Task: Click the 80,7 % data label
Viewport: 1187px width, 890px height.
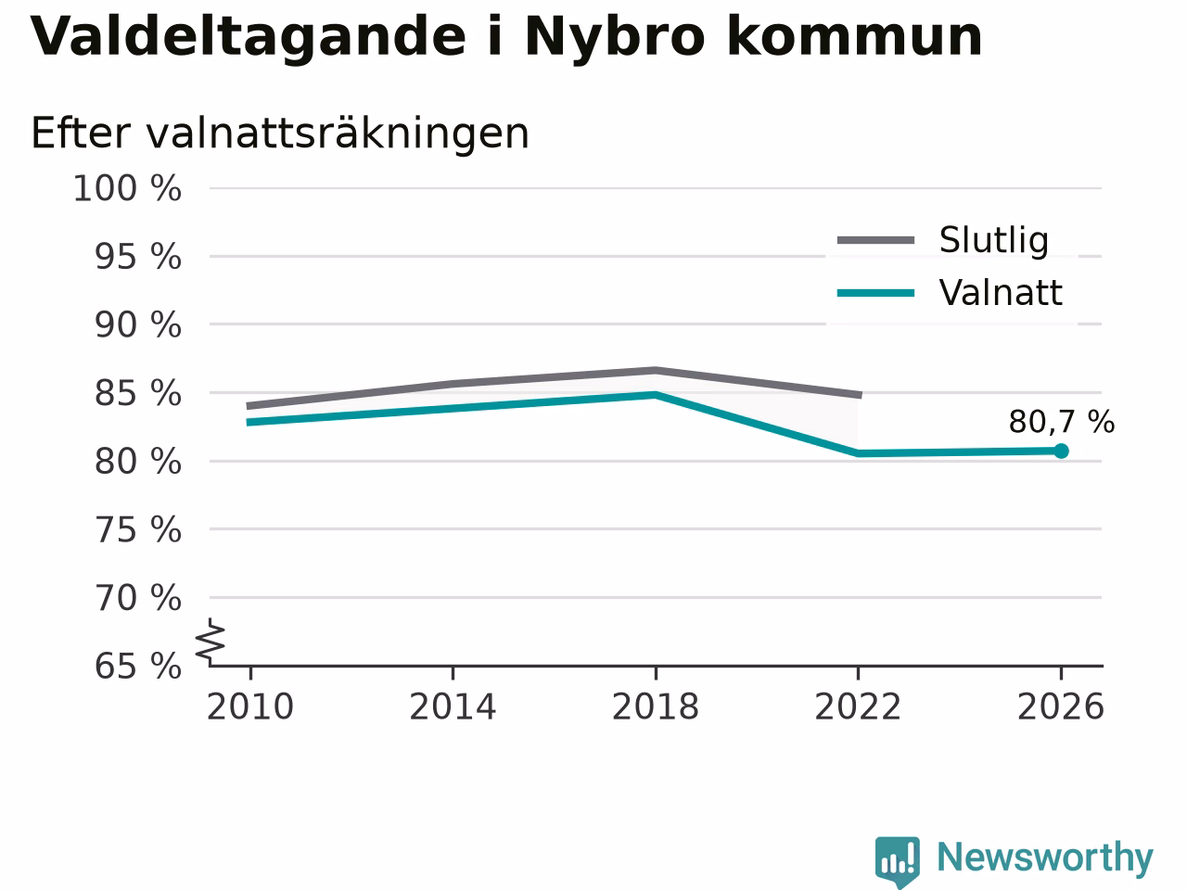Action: tap(1061, 422)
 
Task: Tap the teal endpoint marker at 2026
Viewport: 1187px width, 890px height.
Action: tap(1061, 451)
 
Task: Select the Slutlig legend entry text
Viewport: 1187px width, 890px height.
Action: tap(994, 240)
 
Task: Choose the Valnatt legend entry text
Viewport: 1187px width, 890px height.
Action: tap(1001, 294)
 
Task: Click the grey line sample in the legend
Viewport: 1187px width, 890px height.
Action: tap(875, 240)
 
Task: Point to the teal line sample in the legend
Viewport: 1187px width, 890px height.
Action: tap(875, 294)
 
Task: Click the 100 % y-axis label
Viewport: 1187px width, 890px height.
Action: tap(127, 189)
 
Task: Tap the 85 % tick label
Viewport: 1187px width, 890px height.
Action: tap(138, 393)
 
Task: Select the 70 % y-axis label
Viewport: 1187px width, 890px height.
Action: tap(138, 598)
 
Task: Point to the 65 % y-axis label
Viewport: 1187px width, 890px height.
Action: tap(138, 667)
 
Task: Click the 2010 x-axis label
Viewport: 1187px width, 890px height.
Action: tap(249, 706)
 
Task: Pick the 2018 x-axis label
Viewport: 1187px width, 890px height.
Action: tap(656, 706)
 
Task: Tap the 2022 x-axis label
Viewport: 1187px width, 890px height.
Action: tap(858, 706)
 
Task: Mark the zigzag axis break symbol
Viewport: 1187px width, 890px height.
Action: tap(210, 641)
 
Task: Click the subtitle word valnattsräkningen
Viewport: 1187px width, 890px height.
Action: tap(338, 133)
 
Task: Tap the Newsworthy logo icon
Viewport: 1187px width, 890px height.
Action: tap(898, 860)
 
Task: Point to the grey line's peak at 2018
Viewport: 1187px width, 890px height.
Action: tap(656, 371)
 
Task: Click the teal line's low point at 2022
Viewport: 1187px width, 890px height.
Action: tap(858, 453)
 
